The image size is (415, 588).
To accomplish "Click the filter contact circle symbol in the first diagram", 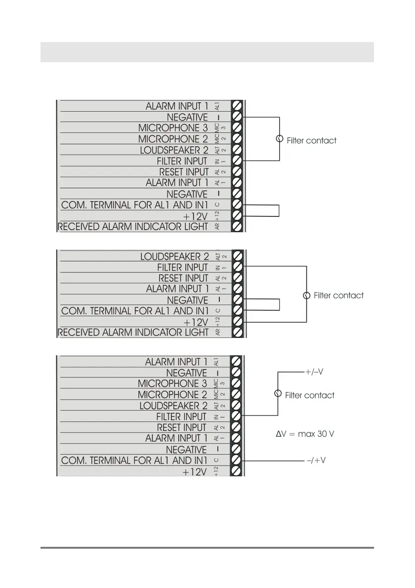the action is (x=280, y=139).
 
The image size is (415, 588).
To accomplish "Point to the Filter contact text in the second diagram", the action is (x=338, y=295).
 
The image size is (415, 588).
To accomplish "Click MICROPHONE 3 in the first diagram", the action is (x=173, y=128).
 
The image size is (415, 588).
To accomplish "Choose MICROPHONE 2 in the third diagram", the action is (x=172, y=395).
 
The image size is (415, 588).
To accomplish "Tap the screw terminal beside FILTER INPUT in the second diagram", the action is (x=237, y=267).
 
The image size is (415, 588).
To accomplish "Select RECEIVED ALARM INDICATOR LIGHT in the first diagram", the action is (x=133, y=227).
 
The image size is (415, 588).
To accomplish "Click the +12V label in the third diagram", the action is (x=195, y=472).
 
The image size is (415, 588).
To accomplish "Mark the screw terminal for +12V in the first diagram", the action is (x=237, y=215).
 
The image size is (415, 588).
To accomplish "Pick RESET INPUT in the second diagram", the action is (x=183, y=278).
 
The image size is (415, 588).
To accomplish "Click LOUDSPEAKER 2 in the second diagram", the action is (x=174, y=257).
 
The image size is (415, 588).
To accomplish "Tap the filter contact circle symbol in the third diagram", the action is (x=278, y=394).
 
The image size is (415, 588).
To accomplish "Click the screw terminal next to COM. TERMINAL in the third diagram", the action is (x=237, y=460).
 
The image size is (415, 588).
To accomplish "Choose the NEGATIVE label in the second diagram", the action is (x=187, y=300).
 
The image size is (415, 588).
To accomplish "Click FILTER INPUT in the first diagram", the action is (x=182, y=161).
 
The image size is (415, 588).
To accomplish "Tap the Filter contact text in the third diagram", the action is (x=310, y=395).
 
